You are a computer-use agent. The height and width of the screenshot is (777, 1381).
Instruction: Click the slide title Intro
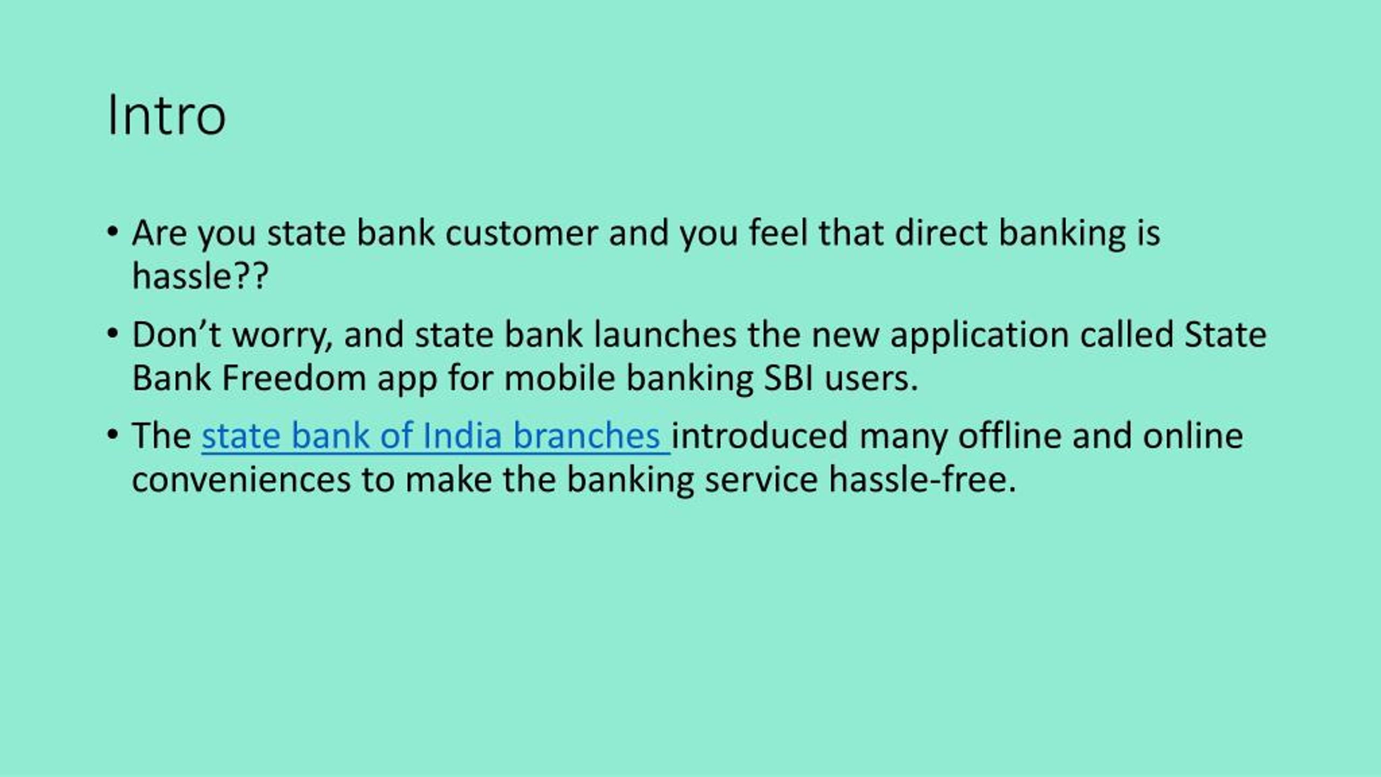coord(166,115)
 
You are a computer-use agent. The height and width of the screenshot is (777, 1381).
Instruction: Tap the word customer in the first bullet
coord(521,233)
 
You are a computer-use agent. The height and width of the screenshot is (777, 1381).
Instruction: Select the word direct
coord(941,233)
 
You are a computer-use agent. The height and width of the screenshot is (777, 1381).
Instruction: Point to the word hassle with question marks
coord(200,276)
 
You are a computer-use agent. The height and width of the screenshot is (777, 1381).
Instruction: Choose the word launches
coord(665,335)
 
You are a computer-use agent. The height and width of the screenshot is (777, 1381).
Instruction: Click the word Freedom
coord(294,378)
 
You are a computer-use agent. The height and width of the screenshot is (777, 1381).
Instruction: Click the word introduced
coord(760,436)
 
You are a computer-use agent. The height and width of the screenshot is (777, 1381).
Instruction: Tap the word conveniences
coord(241,479)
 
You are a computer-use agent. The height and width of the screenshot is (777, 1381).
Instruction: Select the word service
coord(761,479)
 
